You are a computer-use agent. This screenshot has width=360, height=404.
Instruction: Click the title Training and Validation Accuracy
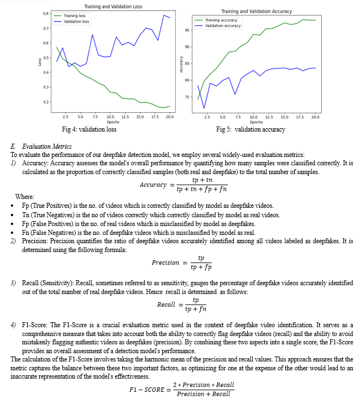pos(256,11)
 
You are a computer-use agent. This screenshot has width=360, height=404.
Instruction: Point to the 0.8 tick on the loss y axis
pos(46,13)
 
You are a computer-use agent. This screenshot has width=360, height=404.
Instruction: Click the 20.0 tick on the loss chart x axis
pos(169,117)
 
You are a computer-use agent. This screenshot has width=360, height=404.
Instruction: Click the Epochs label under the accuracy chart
pos(256,122)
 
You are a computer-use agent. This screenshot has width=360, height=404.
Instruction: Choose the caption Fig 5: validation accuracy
pos(251,129)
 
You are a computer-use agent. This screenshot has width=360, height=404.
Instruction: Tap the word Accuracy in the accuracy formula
pos(153,184)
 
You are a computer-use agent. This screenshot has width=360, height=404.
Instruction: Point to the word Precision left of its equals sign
pos(165,263)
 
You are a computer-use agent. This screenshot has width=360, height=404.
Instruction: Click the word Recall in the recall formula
pos(166,305)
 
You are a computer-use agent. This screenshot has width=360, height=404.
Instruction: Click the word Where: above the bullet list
pos(24,196)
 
